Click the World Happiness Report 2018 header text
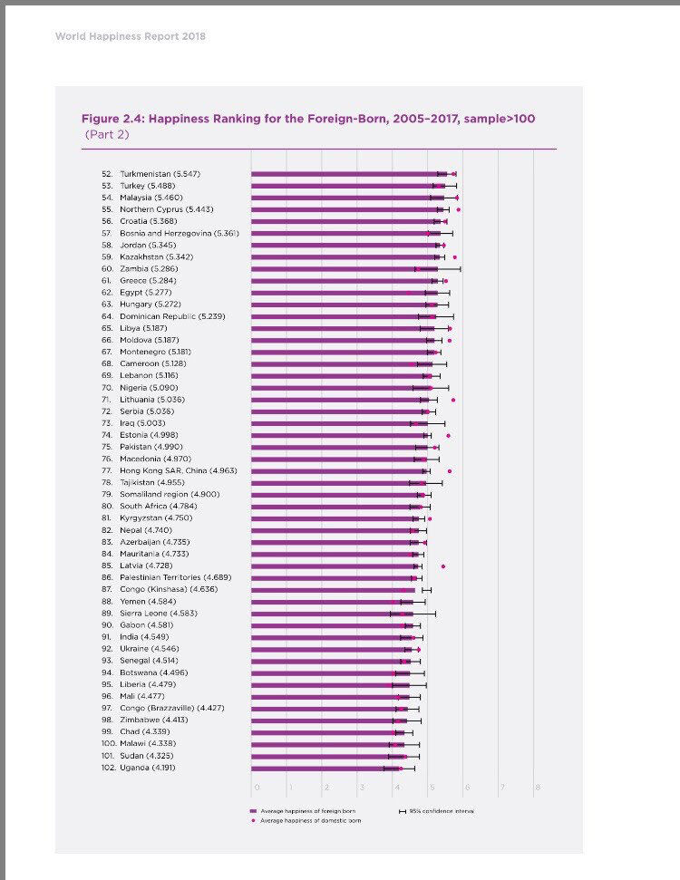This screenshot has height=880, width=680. click(x=131, y=37)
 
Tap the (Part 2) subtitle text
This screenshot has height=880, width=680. click(x=106, y=134)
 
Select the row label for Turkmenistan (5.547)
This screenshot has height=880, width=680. click(x=160, y=173)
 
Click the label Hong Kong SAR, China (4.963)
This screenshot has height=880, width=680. click(x=178, y=470)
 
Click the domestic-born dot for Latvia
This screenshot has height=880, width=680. click(x=443, y=566)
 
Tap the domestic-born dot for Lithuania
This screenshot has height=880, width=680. click(x=453, y=400)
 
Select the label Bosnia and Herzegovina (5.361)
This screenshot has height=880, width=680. click(x=179, y=233)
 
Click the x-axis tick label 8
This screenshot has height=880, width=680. click(x=538, y=787)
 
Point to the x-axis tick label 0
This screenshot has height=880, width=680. click(x=257, y=787)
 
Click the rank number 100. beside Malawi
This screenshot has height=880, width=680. click(x=106, y=743)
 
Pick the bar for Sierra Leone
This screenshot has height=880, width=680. click(x=326, y=613)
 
